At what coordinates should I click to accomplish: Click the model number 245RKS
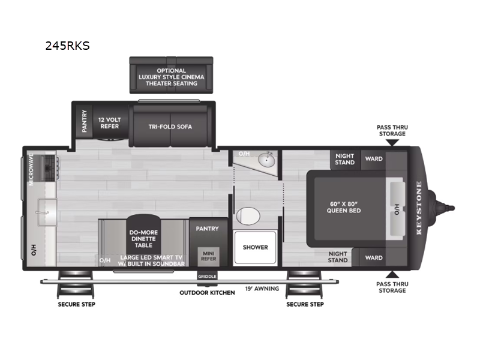point(67,46)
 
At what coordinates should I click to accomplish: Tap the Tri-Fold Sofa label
point(170,127)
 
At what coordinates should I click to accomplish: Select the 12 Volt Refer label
point(109,123)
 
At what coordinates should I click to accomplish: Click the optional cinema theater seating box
point(171,77)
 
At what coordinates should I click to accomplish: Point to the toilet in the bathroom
point(247,215)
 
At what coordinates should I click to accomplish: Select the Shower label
point(255,247)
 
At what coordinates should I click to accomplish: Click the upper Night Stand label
point(344,159)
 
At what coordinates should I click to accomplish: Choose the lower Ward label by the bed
point(374,258)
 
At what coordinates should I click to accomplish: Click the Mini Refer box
point(208,256)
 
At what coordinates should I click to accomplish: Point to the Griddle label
point(206,276)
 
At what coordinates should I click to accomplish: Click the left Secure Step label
point(76,304)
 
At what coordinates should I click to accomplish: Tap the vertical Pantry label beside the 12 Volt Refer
point(85,121)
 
